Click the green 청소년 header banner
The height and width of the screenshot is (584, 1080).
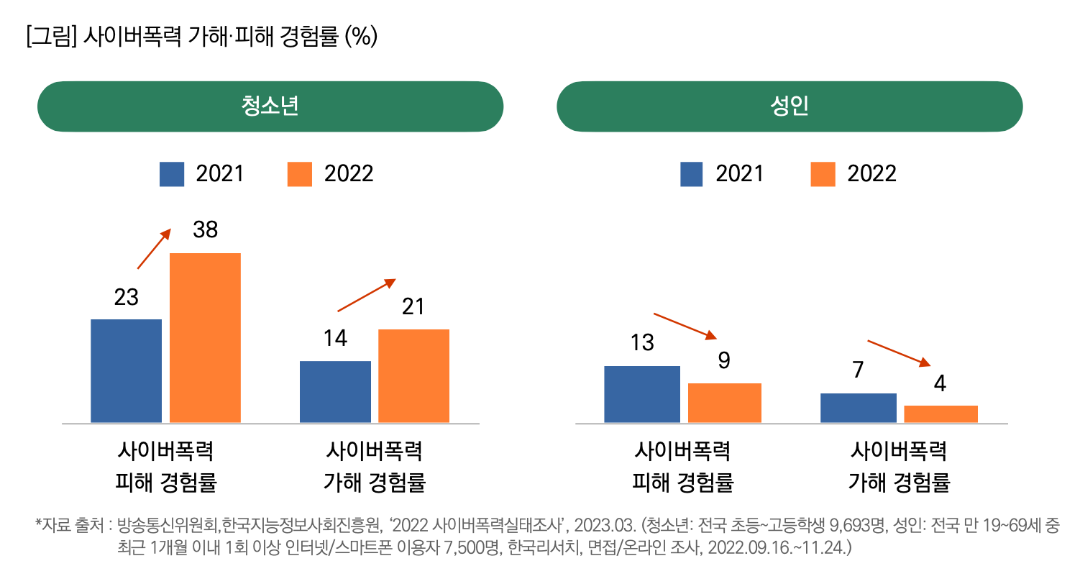(270, 106)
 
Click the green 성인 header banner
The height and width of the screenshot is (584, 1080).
(790, 106)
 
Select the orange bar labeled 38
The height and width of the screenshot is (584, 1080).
(205, 337)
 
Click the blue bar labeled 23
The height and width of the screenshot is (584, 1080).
(126, 370)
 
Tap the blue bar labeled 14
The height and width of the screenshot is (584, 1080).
(335, 391)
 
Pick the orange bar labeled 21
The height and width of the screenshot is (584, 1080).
(413, 375)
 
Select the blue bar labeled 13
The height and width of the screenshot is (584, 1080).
(642, 394)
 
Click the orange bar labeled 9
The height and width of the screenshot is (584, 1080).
(724, 403)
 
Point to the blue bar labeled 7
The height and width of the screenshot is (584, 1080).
(858, 408)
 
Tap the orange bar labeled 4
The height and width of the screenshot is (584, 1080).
(941, 414)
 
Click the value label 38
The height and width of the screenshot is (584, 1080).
(205, 230)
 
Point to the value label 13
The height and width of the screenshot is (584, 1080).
(642, 343)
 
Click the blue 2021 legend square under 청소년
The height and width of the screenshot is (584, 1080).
(172, 174)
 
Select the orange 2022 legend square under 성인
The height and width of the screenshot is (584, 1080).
(823, 174)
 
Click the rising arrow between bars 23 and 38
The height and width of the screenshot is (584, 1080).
(154, 249)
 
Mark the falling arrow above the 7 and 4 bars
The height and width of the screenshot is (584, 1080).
(900, 352)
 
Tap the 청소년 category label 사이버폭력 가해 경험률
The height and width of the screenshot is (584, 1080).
(374, 467)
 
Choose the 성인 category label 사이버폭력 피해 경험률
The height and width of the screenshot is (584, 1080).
(682, 467)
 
